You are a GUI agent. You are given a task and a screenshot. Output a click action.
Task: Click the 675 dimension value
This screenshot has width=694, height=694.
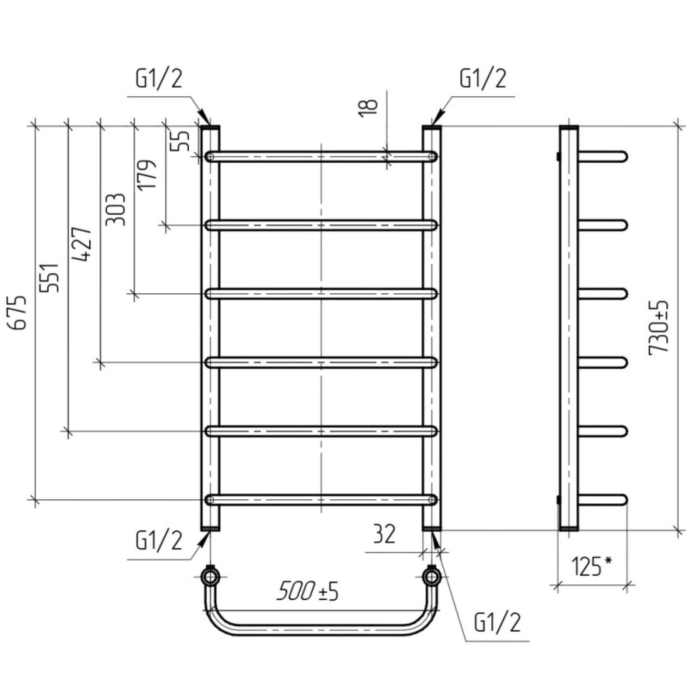pyautogui.click(x=20, y=312)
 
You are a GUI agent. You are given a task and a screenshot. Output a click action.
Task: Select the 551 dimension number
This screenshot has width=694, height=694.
pyautogui.click(x=49, y=278)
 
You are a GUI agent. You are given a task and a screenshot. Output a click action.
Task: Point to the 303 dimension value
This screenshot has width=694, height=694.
pyautogui.click(x=116, y=210)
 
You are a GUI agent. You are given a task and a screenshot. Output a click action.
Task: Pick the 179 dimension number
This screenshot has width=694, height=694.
pyautogui.click(x=147, y=174)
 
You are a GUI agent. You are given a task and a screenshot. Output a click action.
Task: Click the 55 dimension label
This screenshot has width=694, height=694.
pyautogui.click(x=182, y=141)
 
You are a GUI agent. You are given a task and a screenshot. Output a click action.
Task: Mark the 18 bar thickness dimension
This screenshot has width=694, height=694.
pyautogui.click(x=368, y=107)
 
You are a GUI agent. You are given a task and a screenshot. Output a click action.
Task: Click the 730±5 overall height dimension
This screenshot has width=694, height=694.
pyautogui.click(x=659, y=328)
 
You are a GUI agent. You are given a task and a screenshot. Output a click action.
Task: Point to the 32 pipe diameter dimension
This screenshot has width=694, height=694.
pyautogui.click(x=384, y=534)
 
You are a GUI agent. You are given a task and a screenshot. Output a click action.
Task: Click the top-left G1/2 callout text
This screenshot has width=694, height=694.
pyautogui.click(x=159, y=79)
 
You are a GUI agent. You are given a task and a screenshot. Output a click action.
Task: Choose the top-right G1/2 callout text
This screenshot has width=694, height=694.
pyautogui.click(x=483, y=79)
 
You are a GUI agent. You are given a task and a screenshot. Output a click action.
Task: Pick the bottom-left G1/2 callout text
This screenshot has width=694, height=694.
pyautogui.click(x=159, y=540)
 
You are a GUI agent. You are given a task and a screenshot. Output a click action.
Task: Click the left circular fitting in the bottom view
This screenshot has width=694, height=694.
pyautogui.click(x=210, y=577)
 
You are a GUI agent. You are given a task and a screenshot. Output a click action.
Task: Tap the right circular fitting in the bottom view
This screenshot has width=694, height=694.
pyautogui.click(x=432, y=577)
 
